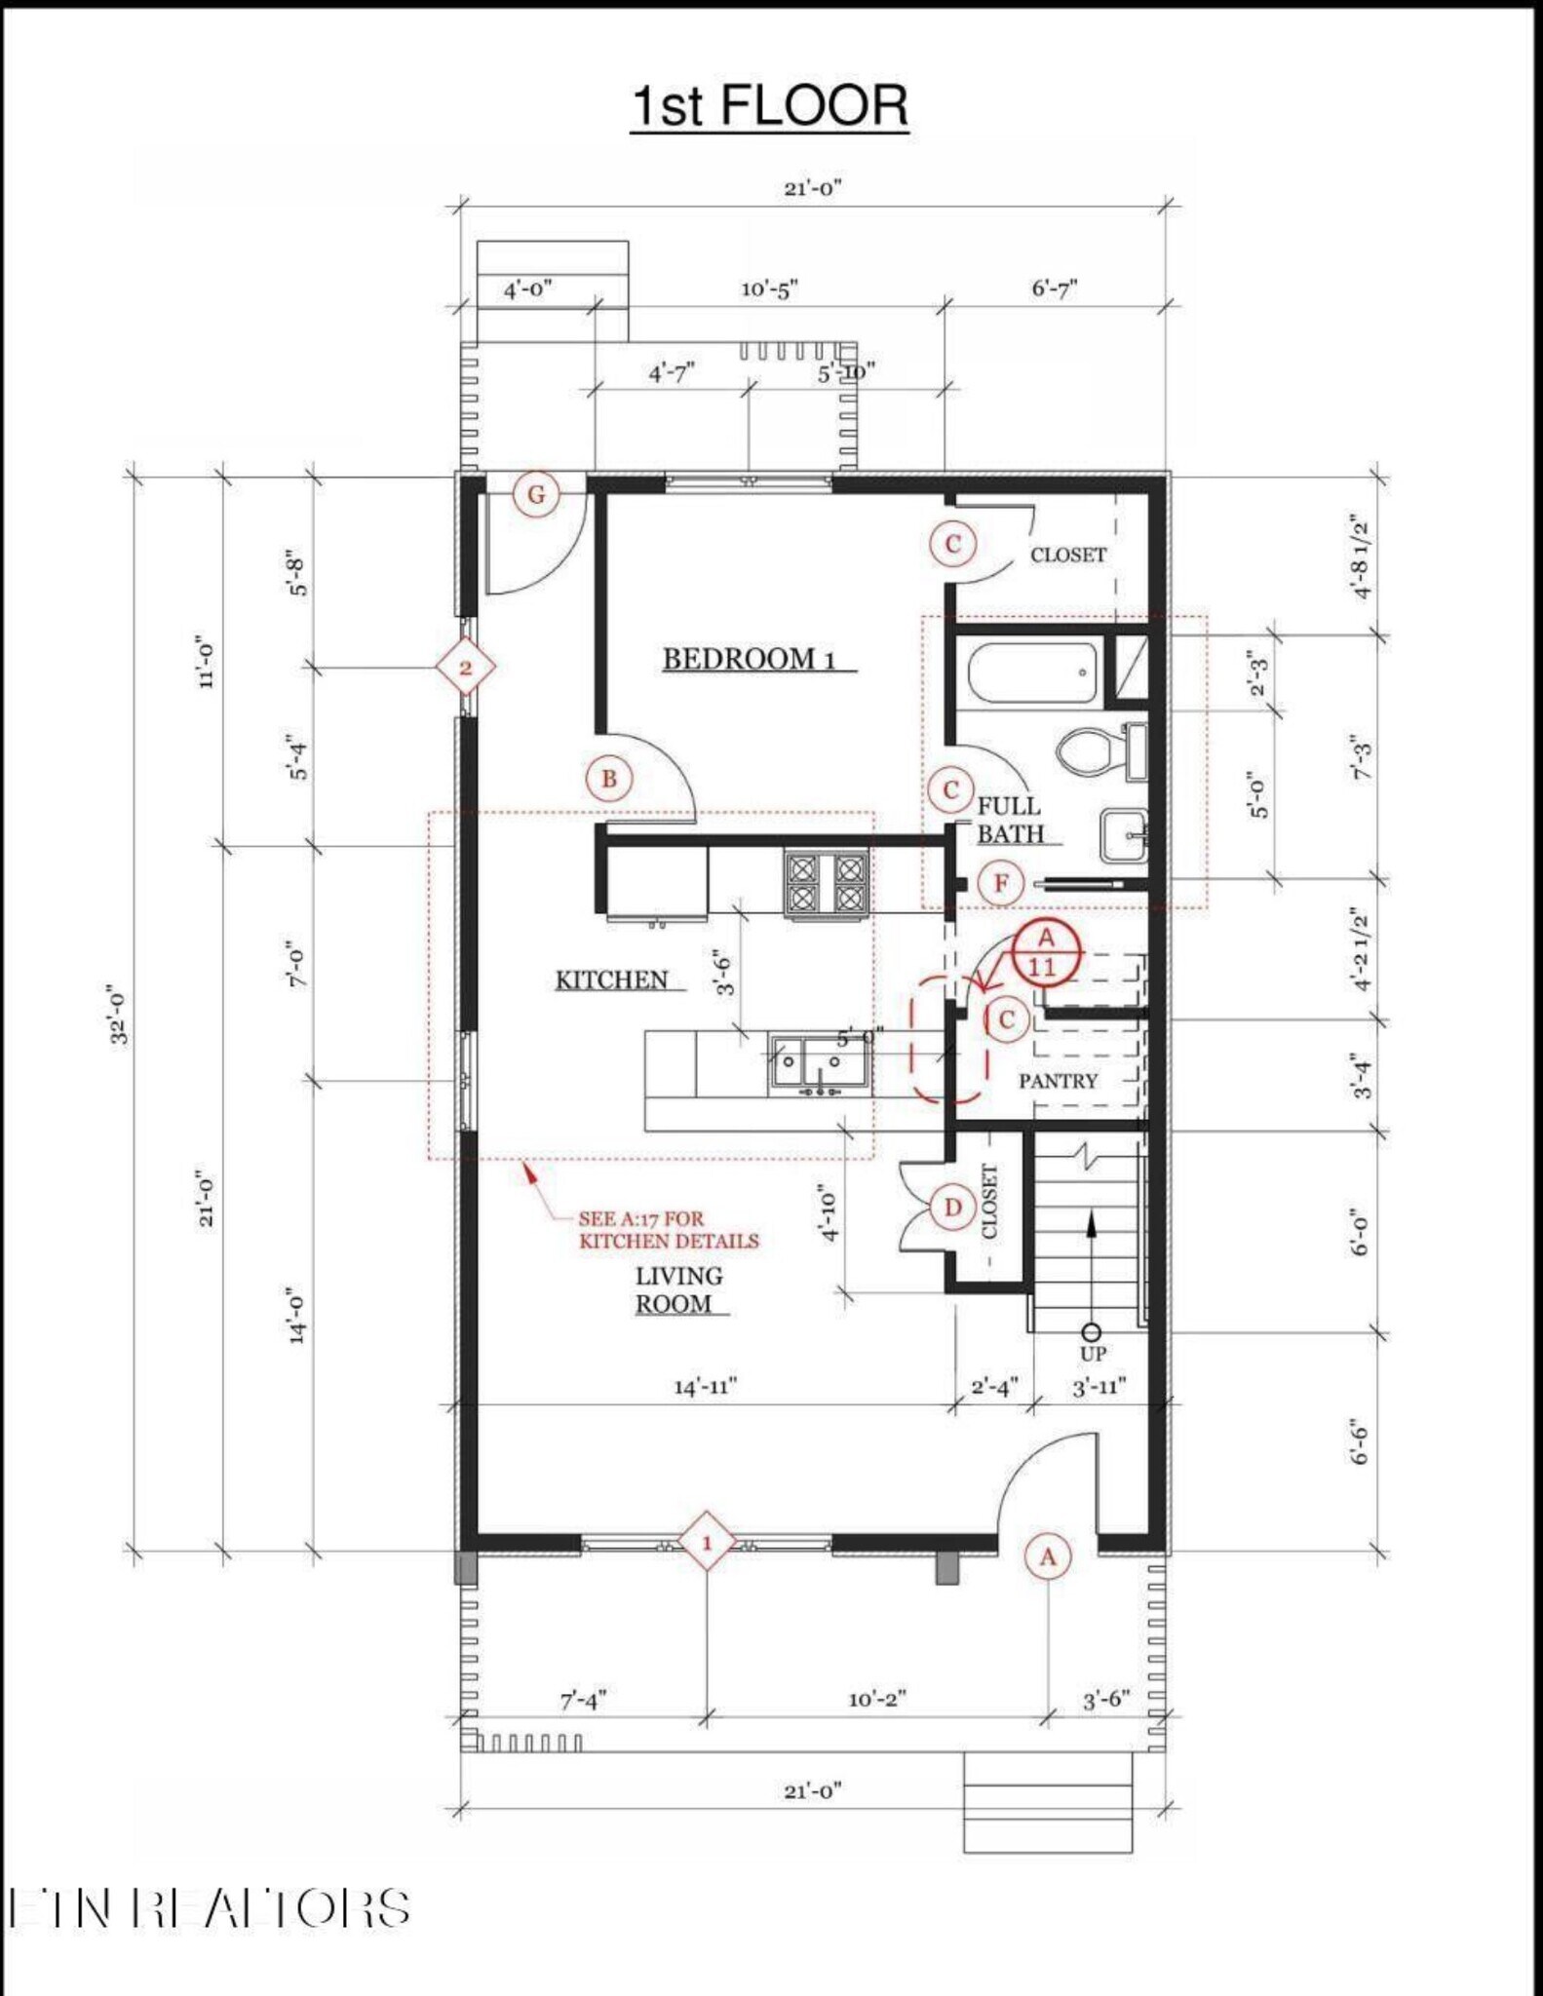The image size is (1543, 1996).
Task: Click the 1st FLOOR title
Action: click(x=769, y=105)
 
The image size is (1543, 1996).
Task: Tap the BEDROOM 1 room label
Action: click(x=749, y=660)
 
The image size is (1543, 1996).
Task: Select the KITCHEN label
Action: click(x=611, y=980)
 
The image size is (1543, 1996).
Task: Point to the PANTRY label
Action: click(x=1058, y=1081)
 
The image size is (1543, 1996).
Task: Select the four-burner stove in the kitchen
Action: click(x=826, y=883)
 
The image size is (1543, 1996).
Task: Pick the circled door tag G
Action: click(x=536, y=495)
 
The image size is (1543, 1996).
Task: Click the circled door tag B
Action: click(x=609, y=779)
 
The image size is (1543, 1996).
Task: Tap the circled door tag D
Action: click(x=952, y=1209)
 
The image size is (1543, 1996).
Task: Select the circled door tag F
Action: click(x=1000, y=884)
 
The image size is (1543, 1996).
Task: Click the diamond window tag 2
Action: click(x=465, y=668)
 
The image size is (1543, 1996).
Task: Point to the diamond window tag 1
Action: click(x=707, y=1544)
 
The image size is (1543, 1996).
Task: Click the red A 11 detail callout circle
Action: click(x=1046, y=953)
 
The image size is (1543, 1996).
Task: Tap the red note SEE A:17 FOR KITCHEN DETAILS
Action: click(x=668, y=1230)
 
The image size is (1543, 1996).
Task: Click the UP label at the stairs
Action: click(x=1093, y=1354)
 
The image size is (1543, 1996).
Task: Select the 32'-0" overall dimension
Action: click(x=119, y=1014)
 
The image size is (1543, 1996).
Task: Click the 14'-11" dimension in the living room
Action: click(x=705, y=1386)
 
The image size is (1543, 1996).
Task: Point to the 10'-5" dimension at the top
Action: click(x=769, y=289)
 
